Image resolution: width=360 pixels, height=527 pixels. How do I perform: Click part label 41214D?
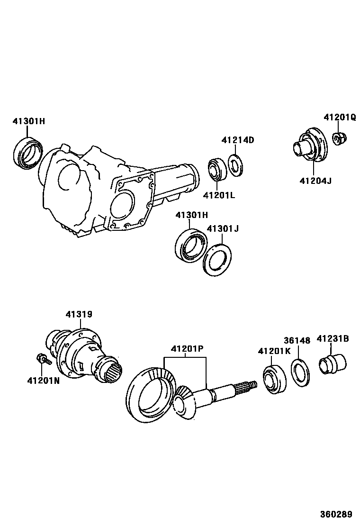[238, 140]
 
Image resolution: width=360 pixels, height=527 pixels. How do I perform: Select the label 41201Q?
[340, 118]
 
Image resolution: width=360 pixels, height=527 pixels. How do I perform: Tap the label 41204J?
[315, 180]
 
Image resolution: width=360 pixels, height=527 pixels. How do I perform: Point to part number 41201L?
[219, 195]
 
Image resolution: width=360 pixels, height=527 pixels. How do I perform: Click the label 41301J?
[223, 228]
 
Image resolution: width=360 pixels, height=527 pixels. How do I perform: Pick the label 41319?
[79, 314]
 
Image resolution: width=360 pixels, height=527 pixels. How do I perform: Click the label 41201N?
[43, 380]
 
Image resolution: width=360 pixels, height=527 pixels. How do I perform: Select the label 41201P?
[187, 349]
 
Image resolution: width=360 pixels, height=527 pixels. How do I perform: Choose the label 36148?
[297, 340]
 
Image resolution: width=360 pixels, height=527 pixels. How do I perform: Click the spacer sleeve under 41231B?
[333, 365]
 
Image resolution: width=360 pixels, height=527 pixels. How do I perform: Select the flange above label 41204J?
[311, 146]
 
